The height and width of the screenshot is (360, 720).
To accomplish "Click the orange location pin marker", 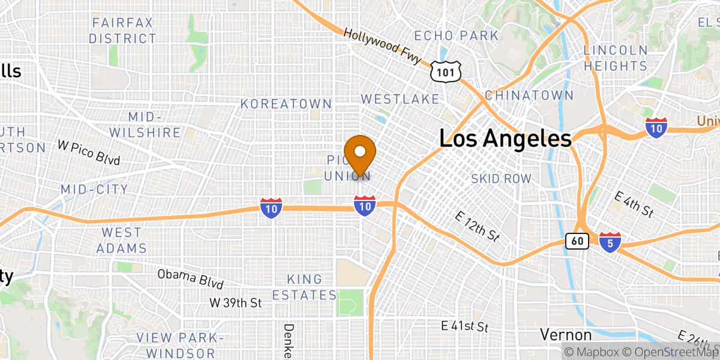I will tap(361, 153).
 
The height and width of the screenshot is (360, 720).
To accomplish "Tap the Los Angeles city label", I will tap(505, 139).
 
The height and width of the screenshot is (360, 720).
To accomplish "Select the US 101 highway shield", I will tap(446, 71).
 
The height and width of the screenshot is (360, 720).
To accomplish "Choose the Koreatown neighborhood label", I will tap(286, 104).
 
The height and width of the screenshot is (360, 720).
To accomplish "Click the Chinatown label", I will tap(529, 95).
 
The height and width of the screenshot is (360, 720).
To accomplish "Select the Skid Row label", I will tap(501, 179).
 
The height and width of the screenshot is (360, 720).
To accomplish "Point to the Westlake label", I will tap(400, 99).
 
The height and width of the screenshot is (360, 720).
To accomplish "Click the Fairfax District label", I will tap(122, 31).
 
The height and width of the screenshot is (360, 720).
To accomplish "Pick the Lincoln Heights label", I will tap(616, 58).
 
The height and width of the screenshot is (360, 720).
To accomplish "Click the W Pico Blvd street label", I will tap(89, 153).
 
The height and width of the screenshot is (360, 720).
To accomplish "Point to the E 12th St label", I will tap(478, 226).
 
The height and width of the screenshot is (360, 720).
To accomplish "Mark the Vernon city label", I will tap(566, 334).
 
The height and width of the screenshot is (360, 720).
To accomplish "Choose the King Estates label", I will tap(304, 287).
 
